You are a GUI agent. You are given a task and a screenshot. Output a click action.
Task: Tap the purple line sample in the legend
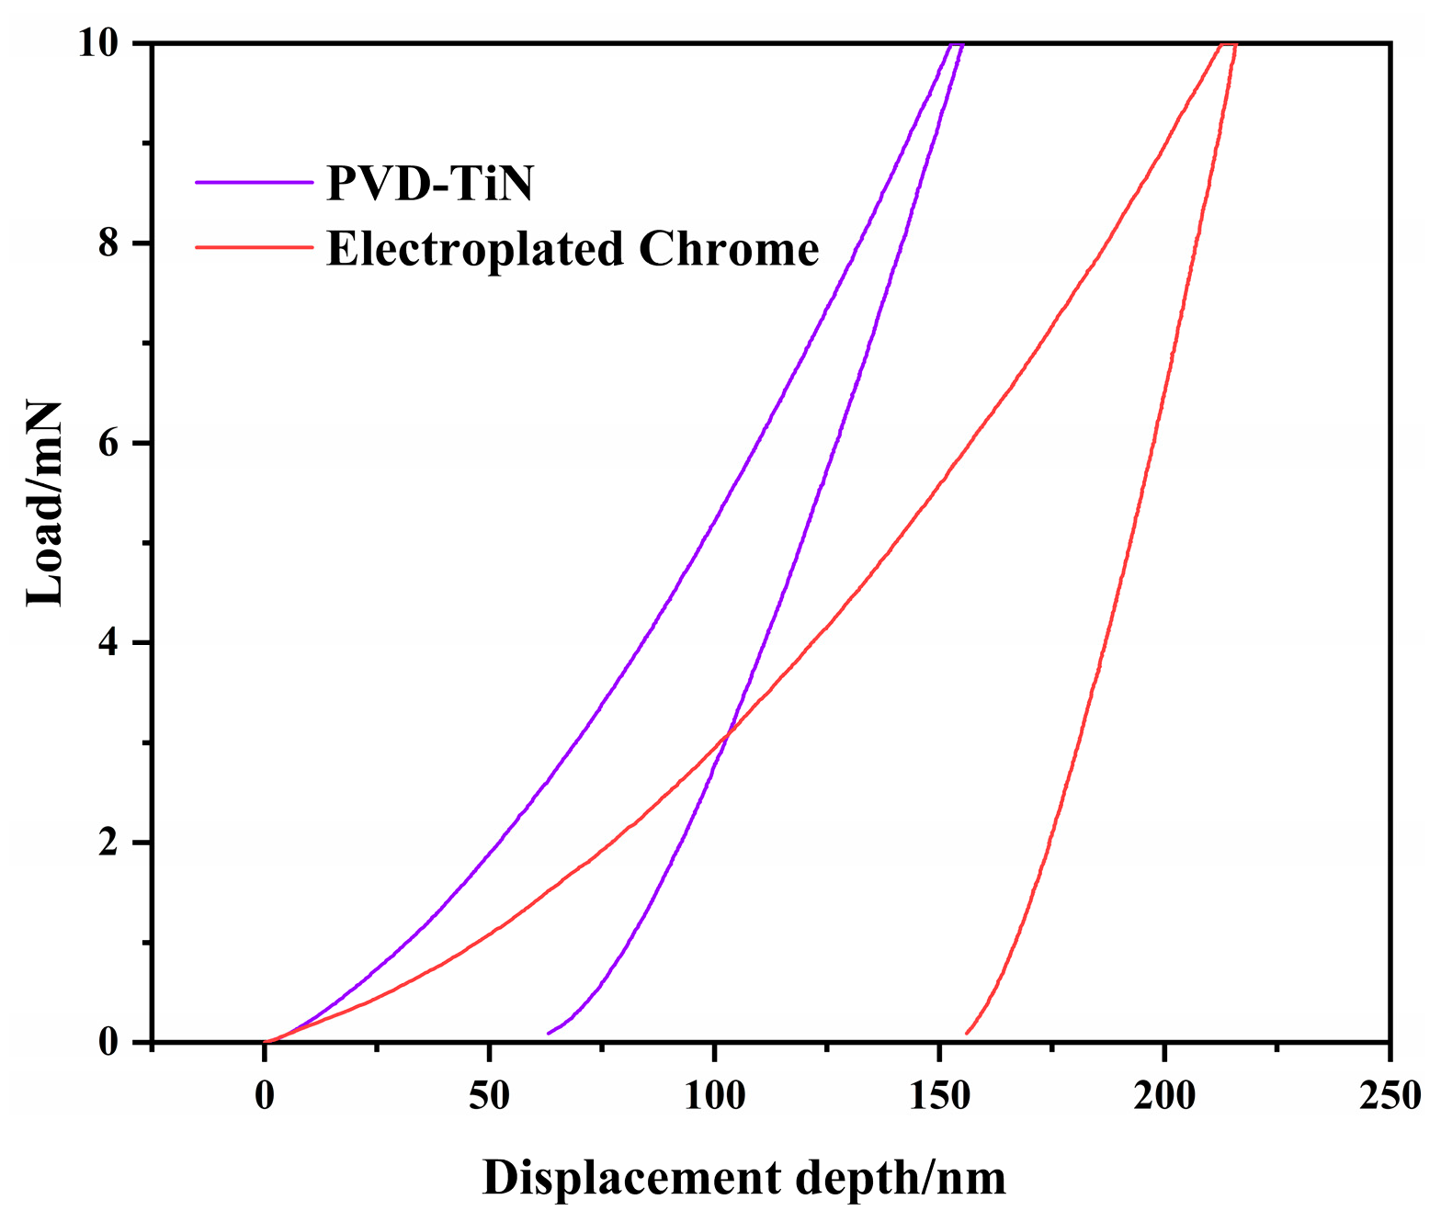click(x=254, y=182)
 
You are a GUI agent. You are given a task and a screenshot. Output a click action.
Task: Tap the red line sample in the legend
click(x=254, y=246)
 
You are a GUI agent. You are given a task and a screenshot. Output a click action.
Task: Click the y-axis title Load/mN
click(x=45, y=504)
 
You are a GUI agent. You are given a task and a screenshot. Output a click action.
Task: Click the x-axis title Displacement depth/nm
click(x=743, y=1178)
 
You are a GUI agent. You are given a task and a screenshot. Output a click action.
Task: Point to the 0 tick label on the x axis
click(x=264, y=1096)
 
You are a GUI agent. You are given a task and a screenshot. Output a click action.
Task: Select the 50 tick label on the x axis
click(x=489, y=1096)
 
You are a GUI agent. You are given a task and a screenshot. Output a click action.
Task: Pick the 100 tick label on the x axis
click(x=714, y=1096)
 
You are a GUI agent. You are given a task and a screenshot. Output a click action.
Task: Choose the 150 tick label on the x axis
click(x=939, y=1096)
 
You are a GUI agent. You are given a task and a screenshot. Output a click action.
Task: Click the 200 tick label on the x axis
click(x=1164, y=1096)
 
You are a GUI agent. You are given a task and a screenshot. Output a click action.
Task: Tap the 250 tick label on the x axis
click(x=1390, y=1096)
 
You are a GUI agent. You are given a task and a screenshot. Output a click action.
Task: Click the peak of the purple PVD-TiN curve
click(x=956, y=44)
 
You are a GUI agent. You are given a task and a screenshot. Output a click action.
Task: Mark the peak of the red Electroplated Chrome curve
click(x=1228, y=44)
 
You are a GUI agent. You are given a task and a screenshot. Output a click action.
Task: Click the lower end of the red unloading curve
click(x=967, y=1033)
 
